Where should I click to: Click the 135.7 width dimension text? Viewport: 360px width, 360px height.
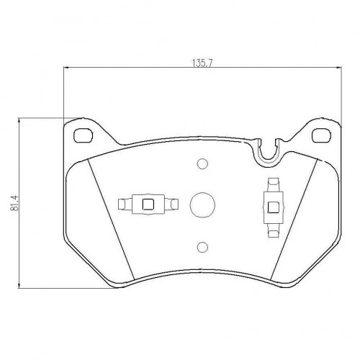(x=202, y=63)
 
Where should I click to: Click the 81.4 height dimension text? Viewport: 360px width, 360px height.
(x=14, y=203)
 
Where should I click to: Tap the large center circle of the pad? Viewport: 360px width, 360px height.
(x=202, y=205)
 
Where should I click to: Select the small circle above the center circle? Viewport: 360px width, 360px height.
(x=202, y=163)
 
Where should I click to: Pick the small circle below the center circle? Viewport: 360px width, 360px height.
(x=202, y=247)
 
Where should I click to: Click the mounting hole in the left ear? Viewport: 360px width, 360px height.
(x=83, y=135)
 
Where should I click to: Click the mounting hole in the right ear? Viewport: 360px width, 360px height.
(x=321, y=135)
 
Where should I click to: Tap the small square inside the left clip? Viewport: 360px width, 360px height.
(x=148, y=204)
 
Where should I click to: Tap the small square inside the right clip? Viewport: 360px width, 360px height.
(x=273, y=207)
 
